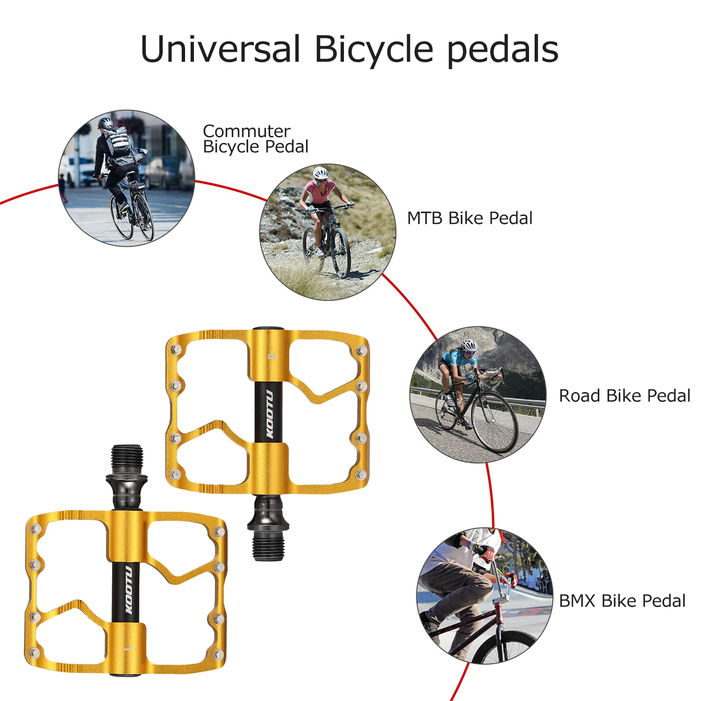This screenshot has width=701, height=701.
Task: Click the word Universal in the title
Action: tap(220, 49)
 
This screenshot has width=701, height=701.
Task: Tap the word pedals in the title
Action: tap(503, 49)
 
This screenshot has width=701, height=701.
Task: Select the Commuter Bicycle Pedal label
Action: tap(255, 139)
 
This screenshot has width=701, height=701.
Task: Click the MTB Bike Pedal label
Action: tap(469, 218)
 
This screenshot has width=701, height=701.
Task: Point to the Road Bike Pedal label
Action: tap(624, 396)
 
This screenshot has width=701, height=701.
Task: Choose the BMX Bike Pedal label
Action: tap(622, 601)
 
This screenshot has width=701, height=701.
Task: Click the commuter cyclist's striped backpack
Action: tap(117, 141)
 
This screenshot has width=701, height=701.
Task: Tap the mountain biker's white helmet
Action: tap(321, 173)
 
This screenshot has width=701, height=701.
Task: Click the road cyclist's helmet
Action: tap(469, 345)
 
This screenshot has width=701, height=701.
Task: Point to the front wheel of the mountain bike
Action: tap(342, 252)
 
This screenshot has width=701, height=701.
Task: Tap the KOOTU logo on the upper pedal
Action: tap(269, 414)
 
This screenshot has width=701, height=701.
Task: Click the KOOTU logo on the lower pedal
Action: tap(128, 590)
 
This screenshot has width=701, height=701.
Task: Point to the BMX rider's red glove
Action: tap(486, 555)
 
